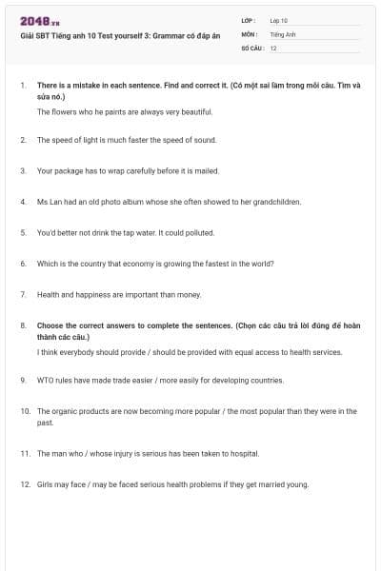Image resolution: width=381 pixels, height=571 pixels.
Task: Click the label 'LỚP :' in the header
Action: (x=251, y=20)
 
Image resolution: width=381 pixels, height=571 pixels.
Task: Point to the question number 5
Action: (x=23, y=232)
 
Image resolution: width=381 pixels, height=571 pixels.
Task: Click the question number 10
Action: (x=26, y=411)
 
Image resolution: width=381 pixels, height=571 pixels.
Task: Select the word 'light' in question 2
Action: (x=91, y=140)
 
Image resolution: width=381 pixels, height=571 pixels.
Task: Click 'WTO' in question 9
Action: (x=45, y=380)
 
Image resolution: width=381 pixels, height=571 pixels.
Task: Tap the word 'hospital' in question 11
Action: (x=243, y=454)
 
